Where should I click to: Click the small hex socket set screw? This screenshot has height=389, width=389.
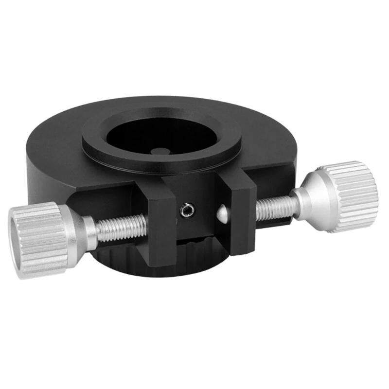point(185,210)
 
